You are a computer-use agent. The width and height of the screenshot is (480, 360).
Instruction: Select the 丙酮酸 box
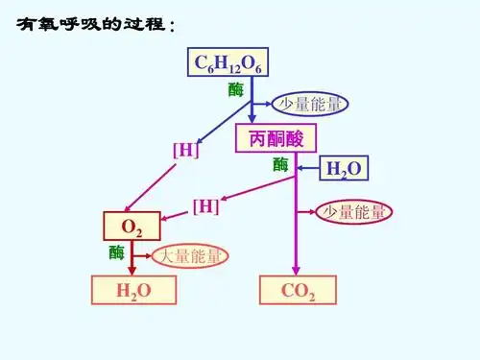click(x=276, y=138)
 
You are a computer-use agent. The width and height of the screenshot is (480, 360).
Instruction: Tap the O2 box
click(x=132, y=227)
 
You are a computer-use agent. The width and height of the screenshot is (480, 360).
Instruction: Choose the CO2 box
click(x=299, y=291)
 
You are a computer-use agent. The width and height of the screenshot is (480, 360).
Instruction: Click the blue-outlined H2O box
click(x=344, y=169)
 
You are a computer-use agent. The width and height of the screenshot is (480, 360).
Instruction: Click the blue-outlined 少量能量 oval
click(x=308, y=104)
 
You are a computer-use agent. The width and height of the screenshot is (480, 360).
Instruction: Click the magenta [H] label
click(x=205, y=205)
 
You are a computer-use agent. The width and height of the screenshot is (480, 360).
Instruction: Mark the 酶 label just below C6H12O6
click(x=235, y=90)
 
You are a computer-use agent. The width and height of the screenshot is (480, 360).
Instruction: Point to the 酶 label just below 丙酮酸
click(x=280, y=164)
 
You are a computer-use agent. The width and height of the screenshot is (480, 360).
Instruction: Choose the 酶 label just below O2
click(x=116, y=252)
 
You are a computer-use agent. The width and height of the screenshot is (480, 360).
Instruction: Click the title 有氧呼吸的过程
click(x=94, y=26)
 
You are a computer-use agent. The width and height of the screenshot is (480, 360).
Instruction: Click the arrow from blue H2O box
click(x=309, y=169)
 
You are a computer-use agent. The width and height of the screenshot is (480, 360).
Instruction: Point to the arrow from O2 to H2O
click(x=132, y=259)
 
